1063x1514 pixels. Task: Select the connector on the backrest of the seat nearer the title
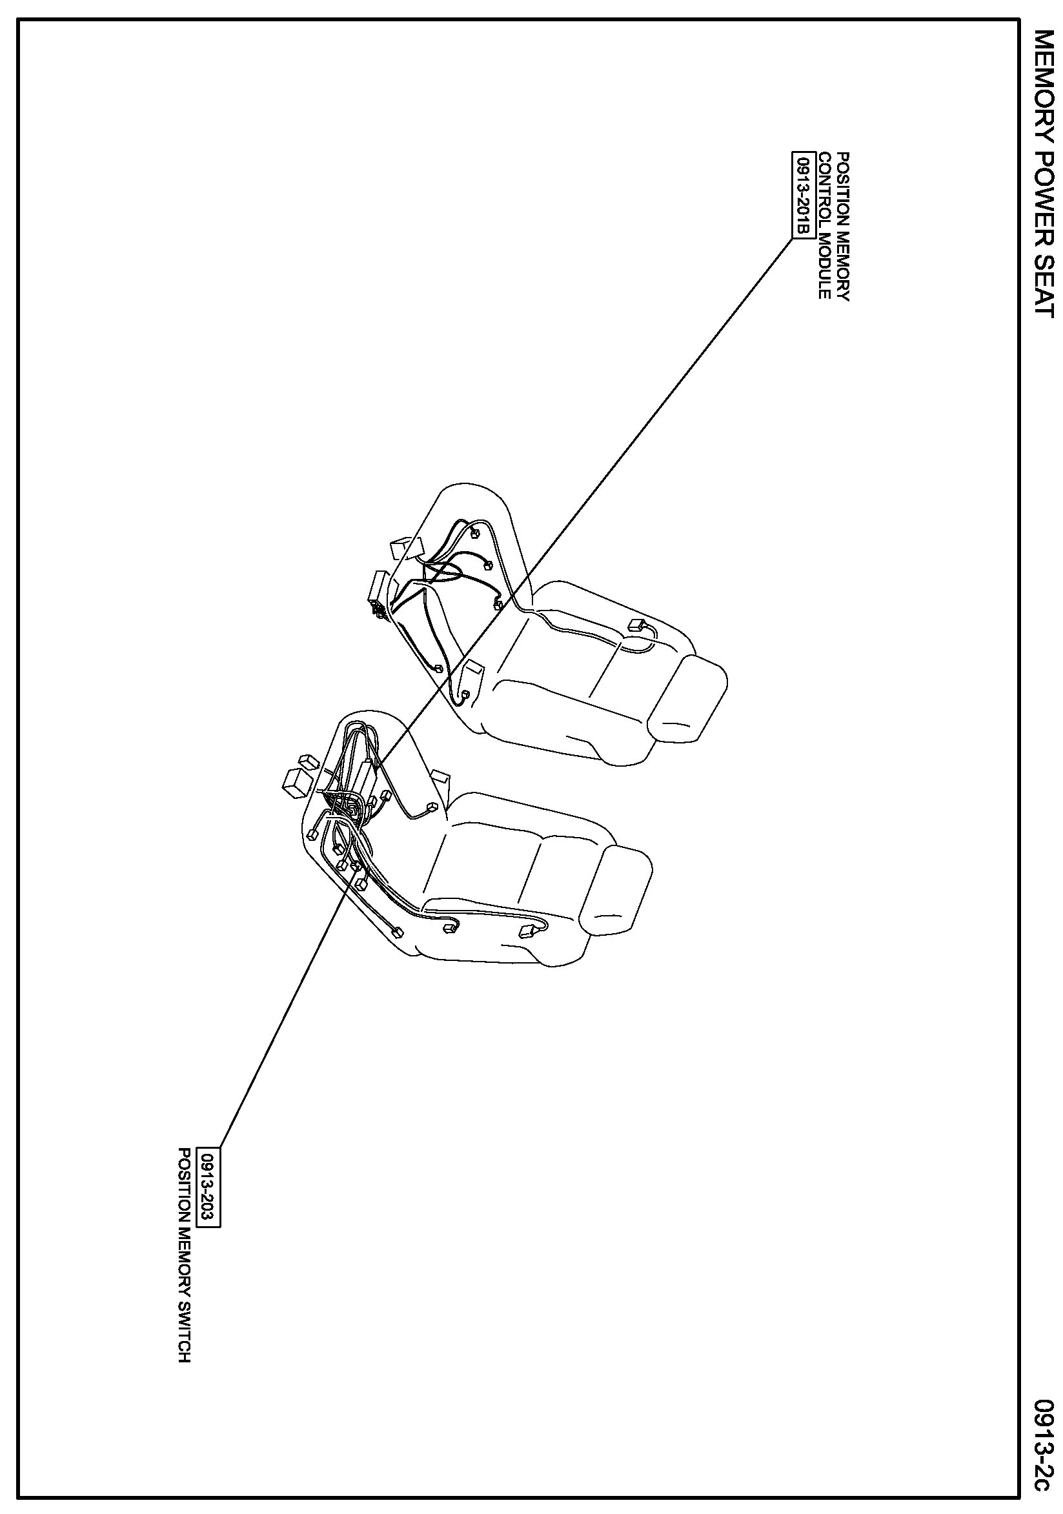tap(638, 625)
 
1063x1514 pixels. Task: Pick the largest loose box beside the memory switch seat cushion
tap(296, 782)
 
